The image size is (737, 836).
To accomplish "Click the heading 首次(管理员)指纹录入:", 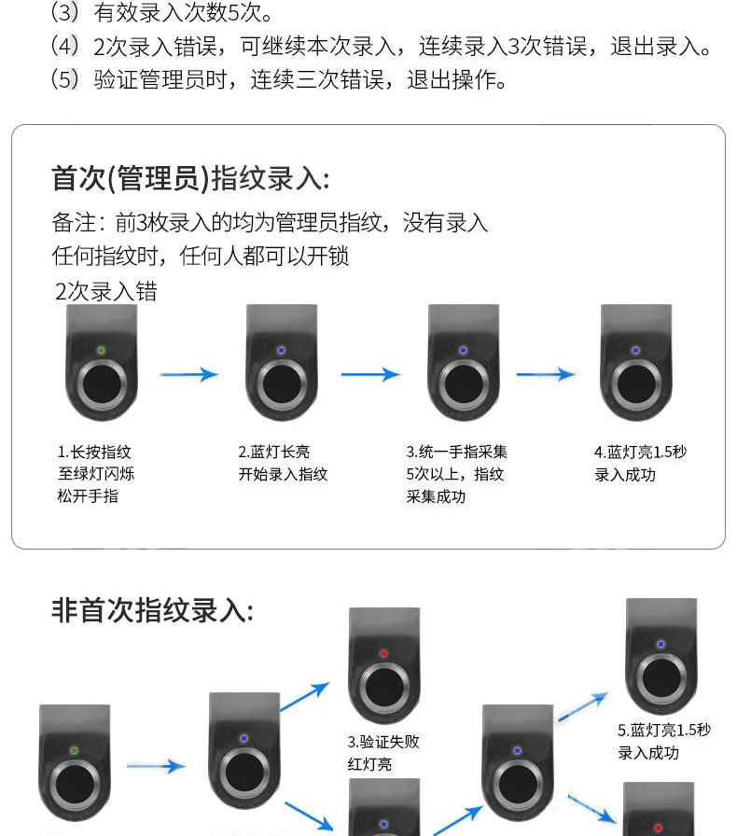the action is tap(190, 178).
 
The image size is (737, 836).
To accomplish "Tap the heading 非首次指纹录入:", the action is tap(152, 610).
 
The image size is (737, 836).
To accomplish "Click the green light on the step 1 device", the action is tap(101, 351).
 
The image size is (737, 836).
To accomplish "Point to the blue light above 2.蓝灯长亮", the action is tap(282, 351).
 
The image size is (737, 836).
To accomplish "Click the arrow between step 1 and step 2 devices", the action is tap(188, 375).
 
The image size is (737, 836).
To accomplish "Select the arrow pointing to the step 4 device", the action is tap(546, 375).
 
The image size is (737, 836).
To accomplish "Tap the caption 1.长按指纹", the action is tap(94, 452).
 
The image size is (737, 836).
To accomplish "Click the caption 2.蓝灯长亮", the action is tap(274, 452).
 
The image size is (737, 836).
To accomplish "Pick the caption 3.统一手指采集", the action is tap(456, 452).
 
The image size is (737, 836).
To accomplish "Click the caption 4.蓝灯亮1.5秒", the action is tap(640, 452).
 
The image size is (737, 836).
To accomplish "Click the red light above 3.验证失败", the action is tap(383, 653).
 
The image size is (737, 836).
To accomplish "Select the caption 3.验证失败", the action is tap(383, 743).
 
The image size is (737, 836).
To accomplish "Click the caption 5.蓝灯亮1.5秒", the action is tap(664, 730).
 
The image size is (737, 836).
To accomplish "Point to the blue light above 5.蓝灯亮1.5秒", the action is tap(661, 644).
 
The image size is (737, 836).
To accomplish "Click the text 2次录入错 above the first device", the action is tap(106, 291).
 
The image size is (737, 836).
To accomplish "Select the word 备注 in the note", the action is tap(75, 223).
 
